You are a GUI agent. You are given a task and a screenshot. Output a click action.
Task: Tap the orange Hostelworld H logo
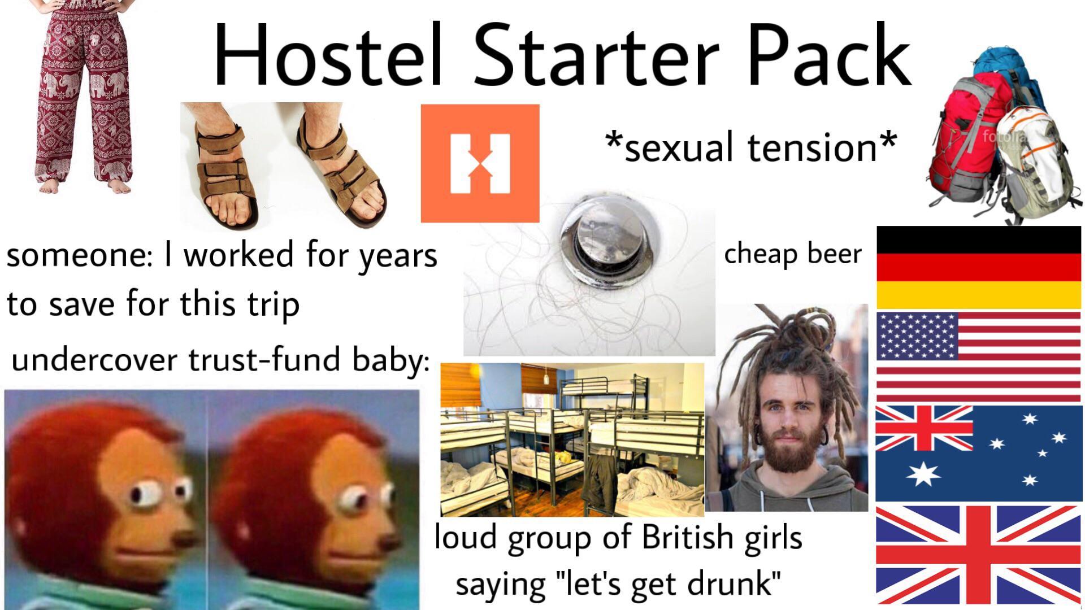click(480, 163)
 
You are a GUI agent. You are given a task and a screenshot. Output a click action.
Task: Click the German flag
click(978, 267)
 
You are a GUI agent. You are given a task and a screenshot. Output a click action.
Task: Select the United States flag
click(978, 356)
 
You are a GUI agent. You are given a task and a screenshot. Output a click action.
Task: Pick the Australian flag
click(978, 452)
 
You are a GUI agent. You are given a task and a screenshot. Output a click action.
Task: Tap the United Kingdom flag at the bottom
click(978, 555)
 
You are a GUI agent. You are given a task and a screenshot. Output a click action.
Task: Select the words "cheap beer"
click(792, 254)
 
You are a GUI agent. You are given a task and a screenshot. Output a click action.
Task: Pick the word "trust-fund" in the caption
click(266, 360)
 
